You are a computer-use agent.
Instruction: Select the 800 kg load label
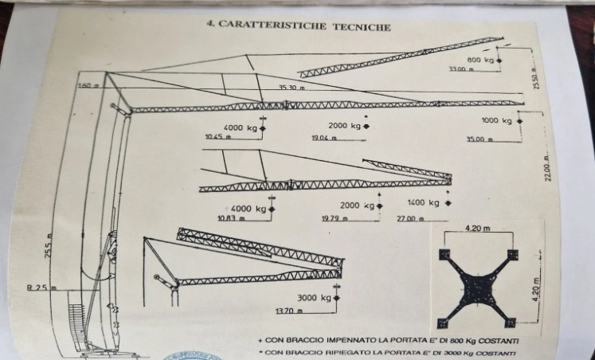tap(480, 60)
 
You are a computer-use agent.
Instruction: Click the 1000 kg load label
tap(495, 121)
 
